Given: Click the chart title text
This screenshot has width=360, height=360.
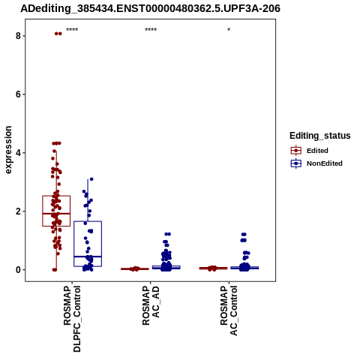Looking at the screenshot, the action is coord(150,9).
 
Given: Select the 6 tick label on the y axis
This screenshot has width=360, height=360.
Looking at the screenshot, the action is coord(18,94).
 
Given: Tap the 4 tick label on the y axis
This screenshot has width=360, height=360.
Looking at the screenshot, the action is coord(18,153).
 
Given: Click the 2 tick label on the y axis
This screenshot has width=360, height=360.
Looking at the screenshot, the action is coord(18,211).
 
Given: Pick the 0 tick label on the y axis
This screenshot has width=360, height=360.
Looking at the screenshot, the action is coord(18,270).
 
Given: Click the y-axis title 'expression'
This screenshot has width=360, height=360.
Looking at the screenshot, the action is coord(8,150).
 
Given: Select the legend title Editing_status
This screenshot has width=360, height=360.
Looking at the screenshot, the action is coord(320,136).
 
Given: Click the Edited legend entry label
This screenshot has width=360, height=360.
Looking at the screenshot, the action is coord(317,151).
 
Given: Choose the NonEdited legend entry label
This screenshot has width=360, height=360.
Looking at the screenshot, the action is coord(325,163).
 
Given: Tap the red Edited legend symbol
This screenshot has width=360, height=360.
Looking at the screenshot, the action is coord(296,151).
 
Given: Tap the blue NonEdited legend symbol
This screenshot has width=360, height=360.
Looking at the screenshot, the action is coord(296,163).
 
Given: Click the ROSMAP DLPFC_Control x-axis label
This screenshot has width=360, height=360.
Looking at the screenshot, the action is coord(72,319).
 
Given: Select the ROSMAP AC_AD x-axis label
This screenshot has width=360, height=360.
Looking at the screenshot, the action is coord(151,305).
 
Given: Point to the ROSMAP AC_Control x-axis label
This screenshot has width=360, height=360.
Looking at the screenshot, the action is coord(229,310).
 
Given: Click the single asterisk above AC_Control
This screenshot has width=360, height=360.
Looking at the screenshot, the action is coord(229,29).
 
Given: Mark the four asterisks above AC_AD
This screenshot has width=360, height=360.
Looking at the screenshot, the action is coord(151,29).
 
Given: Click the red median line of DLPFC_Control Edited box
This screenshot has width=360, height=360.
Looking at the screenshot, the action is coord(56,214).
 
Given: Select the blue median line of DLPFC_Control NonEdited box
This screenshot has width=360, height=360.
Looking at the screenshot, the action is coord(88,256).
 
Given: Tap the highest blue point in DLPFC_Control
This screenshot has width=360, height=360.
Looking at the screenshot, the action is coord(91,179).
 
